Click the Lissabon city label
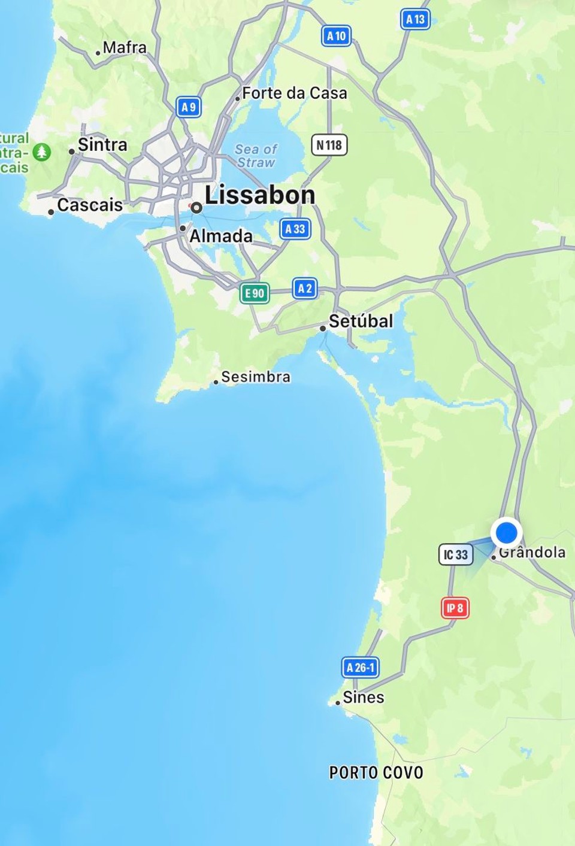tap(259, 195)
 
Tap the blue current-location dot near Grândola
tap(507, 532)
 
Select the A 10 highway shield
tap(336, 36)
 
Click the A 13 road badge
tap(415, 19)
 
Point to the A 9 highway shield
tap(189, 107)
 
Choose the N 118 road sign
tap(329, 145)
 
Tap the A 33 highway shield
tap(295, 229)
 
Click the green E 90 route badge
tap(255, 293)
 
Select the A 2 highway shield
tap(305, 289)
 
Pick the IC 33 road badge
tap(456, 554)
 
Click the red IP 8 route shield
tap(455, 608)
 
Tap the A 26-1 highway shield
tap(361, 667)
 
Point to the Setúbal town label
tap(361, 321)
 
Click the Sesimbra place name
tap(255, 377)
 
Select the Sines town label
tap(363, 698)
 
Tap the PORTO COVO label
tap(376, 772)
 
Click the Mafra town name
tap(124, 47)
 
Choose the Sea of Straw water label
tap(256, 156)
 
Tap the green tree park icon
tap(41, 152)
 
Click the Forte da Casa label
tap(294, 93)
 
